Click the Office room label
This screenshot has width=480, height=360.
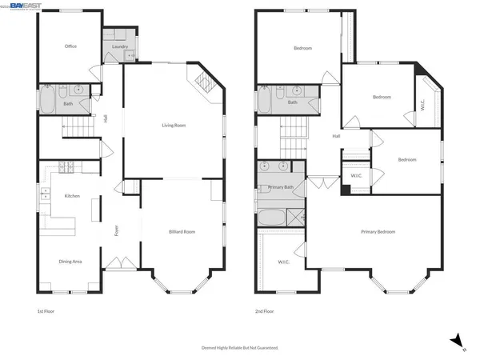(x=70, y=46)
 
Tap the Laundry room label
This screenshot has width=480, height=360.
(x=120, y=46)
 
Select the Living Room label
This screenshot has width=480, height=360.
(x=174, y=125)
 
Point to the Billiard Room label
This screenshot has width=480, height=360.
(x=182, y=231)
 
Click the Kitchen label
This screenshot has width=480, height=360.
(x=71, y=196)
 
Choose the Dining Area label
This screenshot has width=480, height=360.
(x=70, y=262)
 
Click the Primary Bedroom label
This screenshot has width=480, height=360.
(x=378, y=231)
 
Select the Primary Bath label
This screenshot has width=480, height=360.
(x=281, y=187)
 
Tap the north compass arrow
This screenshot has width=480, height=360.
(x=454, y=339)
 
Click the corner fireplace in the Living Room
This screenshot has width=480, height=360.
(x=201, y=82)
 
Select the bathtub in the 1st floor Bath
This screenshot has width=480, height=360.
(x=46, y=98)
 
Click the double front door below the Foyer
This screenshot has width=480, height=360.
(x=116, y=262)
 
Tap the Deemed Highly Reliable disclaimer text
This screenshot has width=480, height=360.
(x=239, y=347)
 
